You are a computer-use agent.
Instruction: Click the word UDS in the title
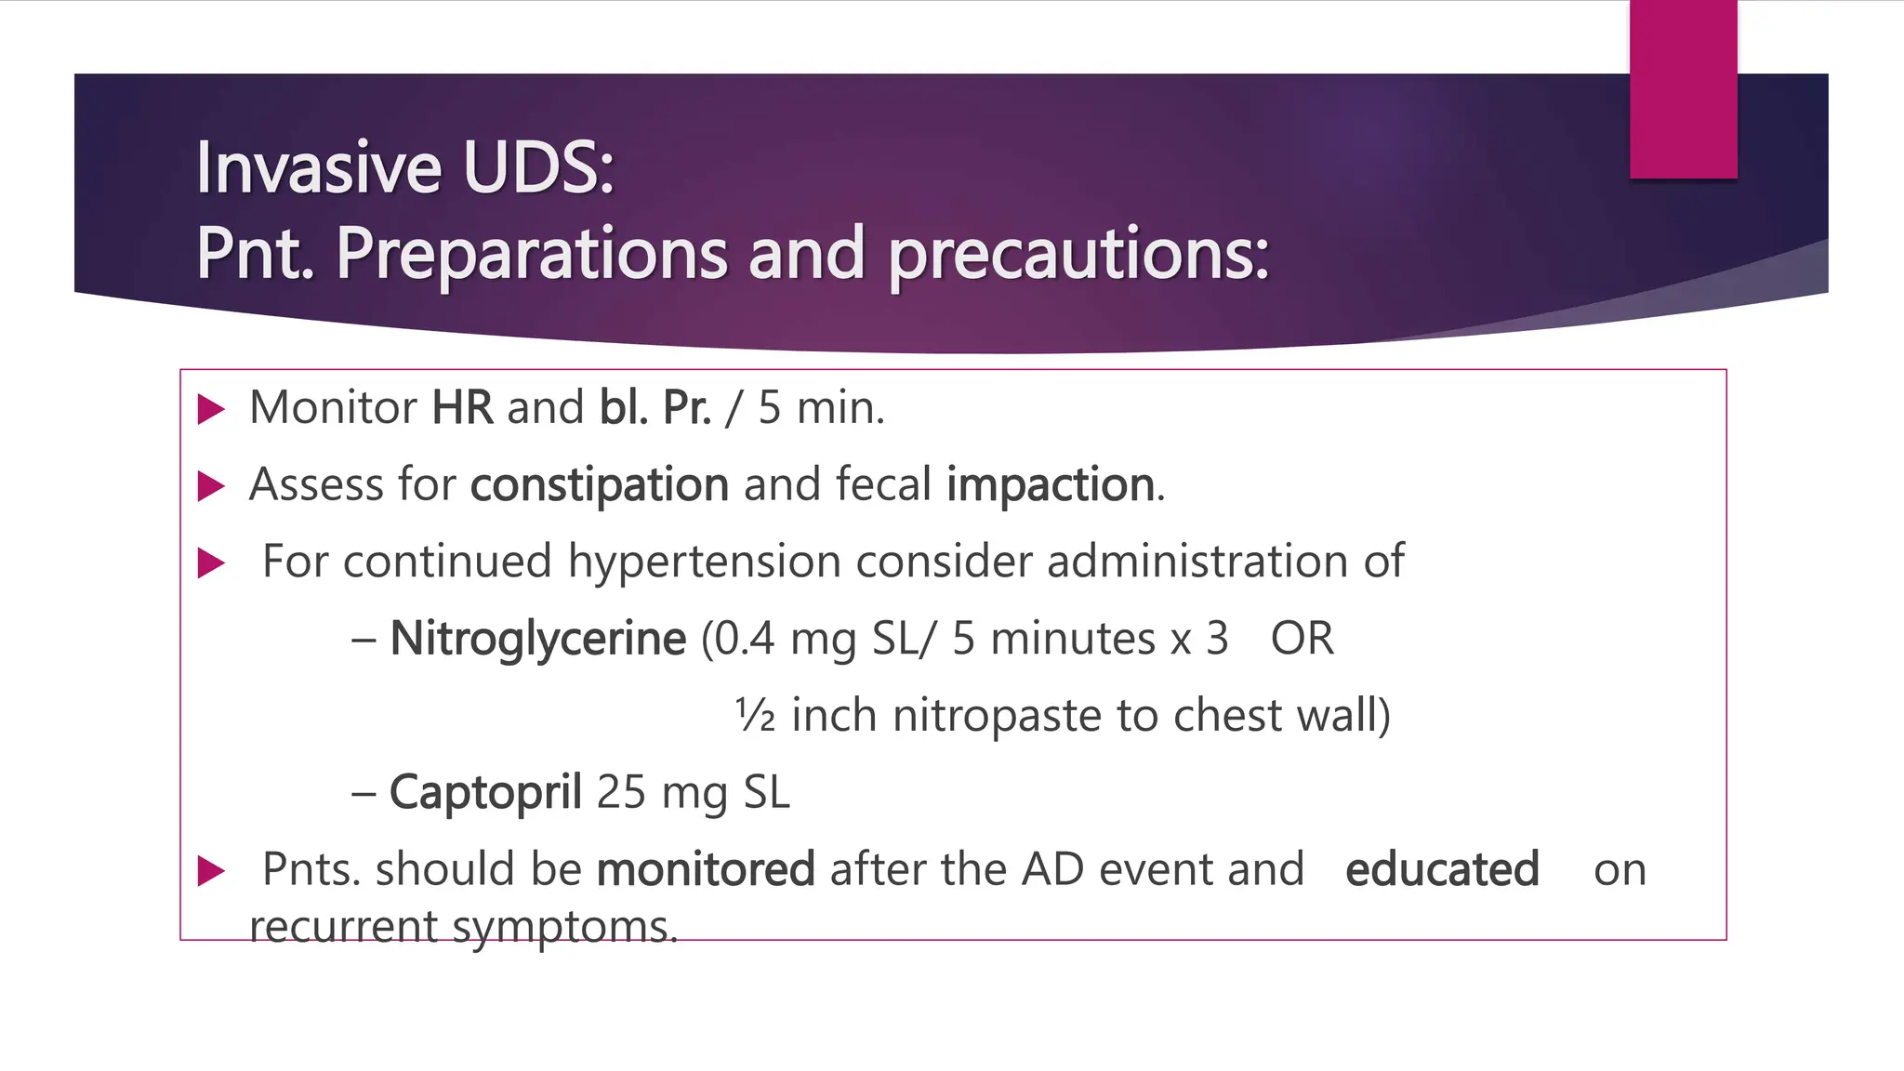tap(537, 168)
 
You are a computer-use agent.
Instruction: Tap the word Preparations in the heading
tap(531, 253)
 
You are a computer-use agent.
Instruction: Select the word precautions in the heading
tap(1078, 255)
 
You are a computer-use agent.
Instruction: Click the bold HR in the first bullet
tap(462, 408)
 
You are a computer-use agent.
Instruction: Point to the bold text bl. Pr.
tap(655, 408)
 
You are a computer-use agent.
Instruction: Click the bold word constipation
tap(599, 485)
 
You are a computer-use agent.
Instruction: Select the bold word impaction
tap(1051, 485)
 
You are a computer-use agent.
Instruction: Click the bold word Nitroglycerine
tap(537, 639)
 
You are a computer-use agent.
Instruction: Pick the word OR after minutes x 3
tap(1302, 639)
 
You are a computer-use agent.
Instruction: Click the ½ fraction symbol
tap(755, 716)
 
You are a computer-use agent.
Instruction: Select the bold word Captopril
tap(485, 793)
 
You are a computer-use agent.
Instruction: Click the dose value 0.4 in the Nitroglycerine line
tap(745, 639)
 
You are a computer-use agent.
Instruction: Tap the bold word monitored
tap(706, 870)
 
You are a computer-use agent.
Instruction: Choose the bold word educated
tap(1442, 870)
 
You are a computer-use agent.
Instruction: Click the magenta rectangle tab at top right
tap(1683, 89)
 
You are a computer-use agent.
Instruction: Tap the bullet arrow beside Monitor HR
tap(212, 409)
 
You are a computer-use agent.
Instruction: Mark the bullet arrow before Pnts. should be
tap(212, 871)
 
